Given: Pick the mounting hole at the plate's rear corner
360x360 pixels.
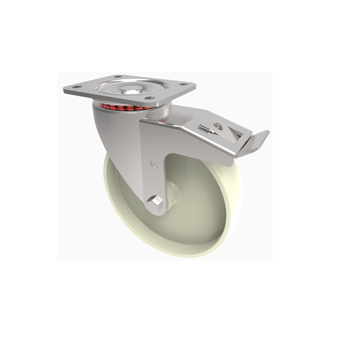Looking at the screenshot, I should (117, 77).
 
